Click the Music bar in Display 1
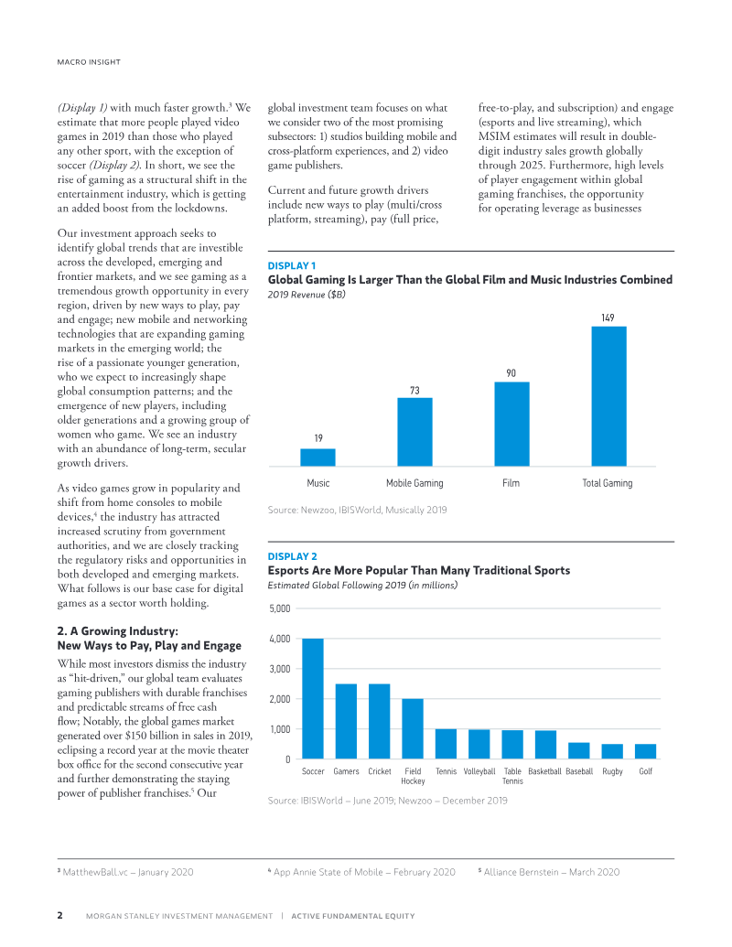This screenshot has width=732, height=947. (318, 457)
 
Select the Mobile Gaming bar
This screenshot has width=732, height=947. (414, 432)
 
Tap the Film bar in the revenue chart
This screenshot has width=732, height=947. (511, 424)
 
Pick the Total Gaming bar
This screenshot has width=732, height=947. (608, 396)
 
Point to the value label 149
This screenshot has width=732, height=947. (608, 317)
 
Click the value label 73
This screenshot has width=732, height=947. (414, 390)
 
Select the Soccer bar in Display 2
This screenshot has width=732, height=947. (313, 698)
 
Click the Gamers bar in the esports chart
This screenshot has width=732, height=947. (346, 721)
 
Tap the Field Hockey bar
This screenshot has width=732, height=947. (413, 728)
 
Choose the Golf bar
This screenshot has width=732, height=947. (645, 751)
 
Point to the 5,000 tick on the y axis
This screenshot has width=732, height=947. (280, 608)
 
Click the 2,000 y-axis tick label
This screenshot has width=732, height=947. (280, 699)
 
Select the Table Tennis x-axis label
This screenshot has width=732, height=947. (512, 777)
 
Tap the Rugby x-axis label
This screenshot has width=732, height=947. (612, 772)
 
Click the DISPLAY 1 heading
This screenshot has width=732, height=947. (290, 266)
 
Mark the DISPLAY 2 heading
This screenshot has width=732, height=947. (292, 556)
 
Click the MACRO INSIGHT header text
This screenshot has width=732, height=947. (83, 62)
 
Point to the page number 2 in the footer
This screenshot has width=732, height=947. (59, 916)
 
